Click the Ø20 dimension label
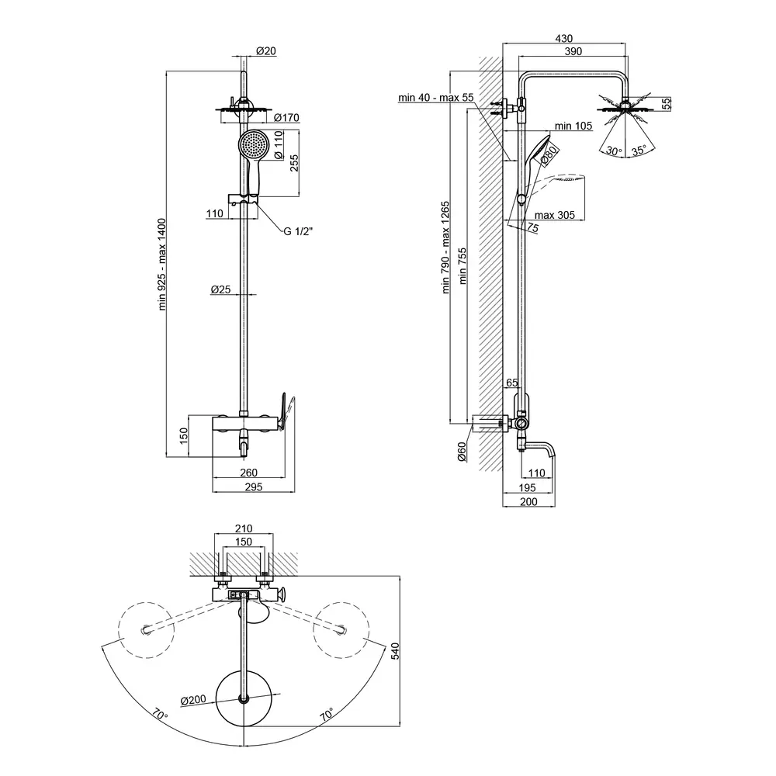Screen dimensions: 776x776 click(265, 51)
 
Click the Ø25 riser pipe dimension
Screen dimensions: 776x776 click(220, 289)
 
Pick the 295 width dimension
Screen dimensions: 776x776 click(253, 487)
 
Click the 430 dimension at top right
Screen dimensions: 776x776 click(564, 38)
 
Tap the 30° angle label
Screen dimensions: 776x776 click(614, 151)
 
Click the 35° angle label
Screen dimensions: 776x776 click(639, 151)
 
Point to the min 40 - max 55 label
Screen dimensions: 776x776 click(435, 98)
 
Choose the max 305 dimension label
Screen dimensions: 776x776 click(554, 215)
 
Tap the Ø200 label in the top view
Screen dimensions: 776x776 click(192, 701)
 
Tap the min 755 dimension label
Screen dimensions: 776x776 click(463, 268)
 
